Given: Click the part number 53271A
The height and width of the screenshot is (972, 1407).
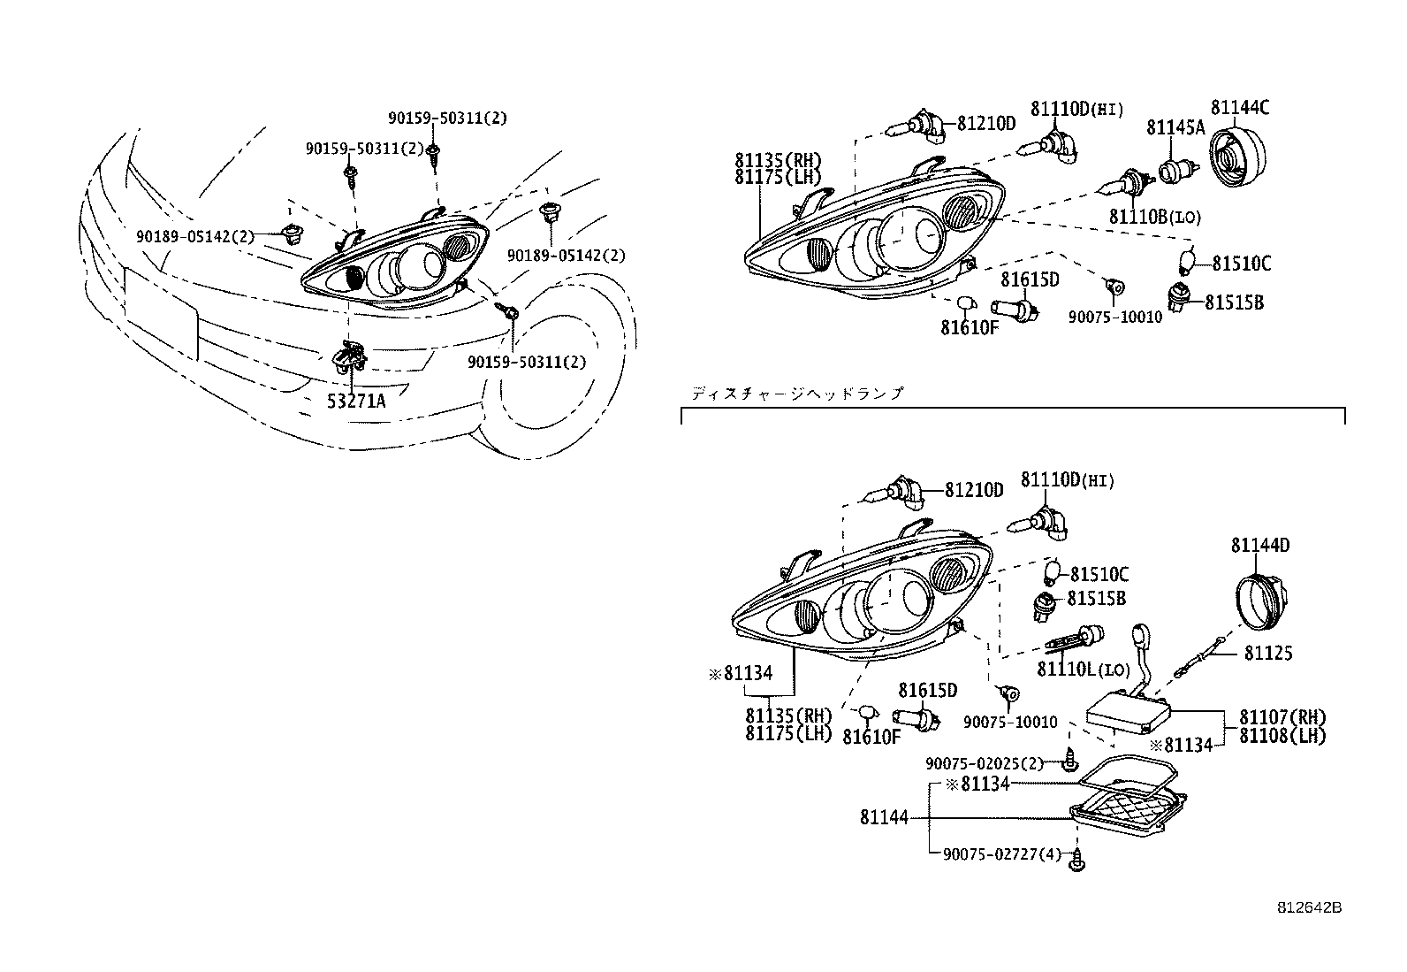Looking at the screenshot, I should pos(356,401).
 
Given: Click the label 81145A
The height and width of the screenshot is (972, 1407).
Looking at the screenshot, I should pos(1175,127).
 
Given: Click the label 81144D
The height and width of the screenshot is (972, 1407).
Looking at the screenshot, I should pos(1259,546).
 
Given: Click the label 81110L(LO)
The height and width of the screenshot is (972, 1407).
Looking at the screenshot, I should pos(1084,670).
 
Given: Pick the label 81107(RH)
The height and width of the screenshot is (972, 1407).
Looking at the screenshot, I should pos(1282,717).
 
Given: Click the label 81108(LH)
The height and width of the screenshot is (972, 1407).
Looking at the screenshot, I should pos(1282,736).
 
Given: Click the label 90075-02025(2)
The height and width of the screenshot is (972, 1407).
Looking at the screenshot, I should pos(985,763).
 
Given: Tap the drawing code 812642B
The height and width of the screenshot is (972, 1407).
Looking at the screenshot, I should pos(1309,908).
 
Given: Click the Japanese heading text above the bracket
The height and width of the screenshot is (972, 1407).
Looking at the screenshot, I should pos(797,394).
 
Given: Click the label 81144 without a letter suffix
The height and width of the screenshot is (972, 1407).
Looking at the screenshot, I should pos(884,818).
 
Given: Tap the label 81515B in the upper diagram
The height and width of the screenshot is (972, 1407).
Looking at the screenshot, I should pos(1236,302).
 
